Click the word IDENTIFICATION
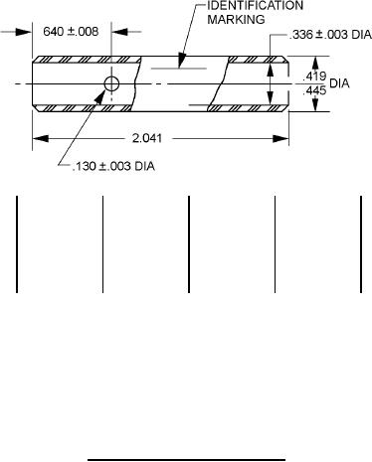(x=255, y=6)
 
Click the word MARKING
(x=236, y=20)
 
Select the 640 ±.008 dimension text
(x=71, y=32)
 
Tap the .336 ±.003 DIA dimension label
(x=330, y=35)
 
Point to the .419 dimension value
(x=314, y=77)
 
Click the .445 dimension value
(x=314, y=90)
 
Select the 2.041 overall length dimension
(x=147, y=138)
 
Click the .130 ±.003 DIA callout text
(x=113, y=166)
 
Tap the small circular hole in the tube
(x=111, y=83)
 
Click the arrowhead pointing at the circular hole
(x=100, y=96)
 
